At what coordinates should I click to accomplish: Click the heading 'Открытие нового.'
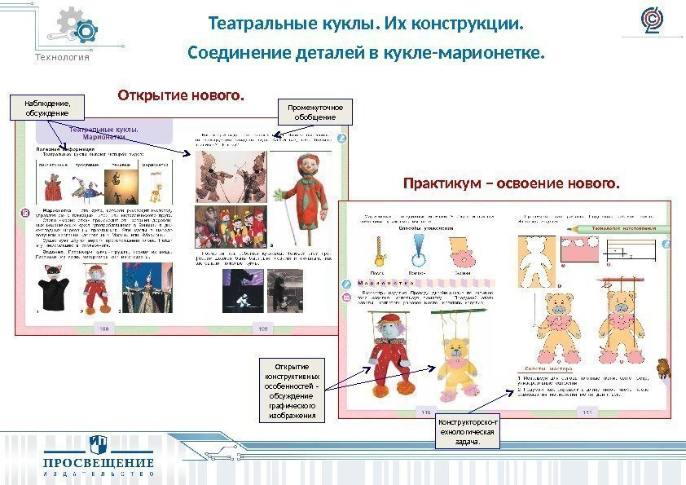click(x=181, y=97)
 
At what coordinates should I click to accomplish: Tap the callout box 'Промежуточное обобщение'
click(x=316, y=112)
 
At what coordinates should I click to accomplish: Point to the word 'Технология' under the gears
click(x=62, y=57)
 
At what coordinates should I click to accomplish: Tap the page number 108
click(x=103, y=328)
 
